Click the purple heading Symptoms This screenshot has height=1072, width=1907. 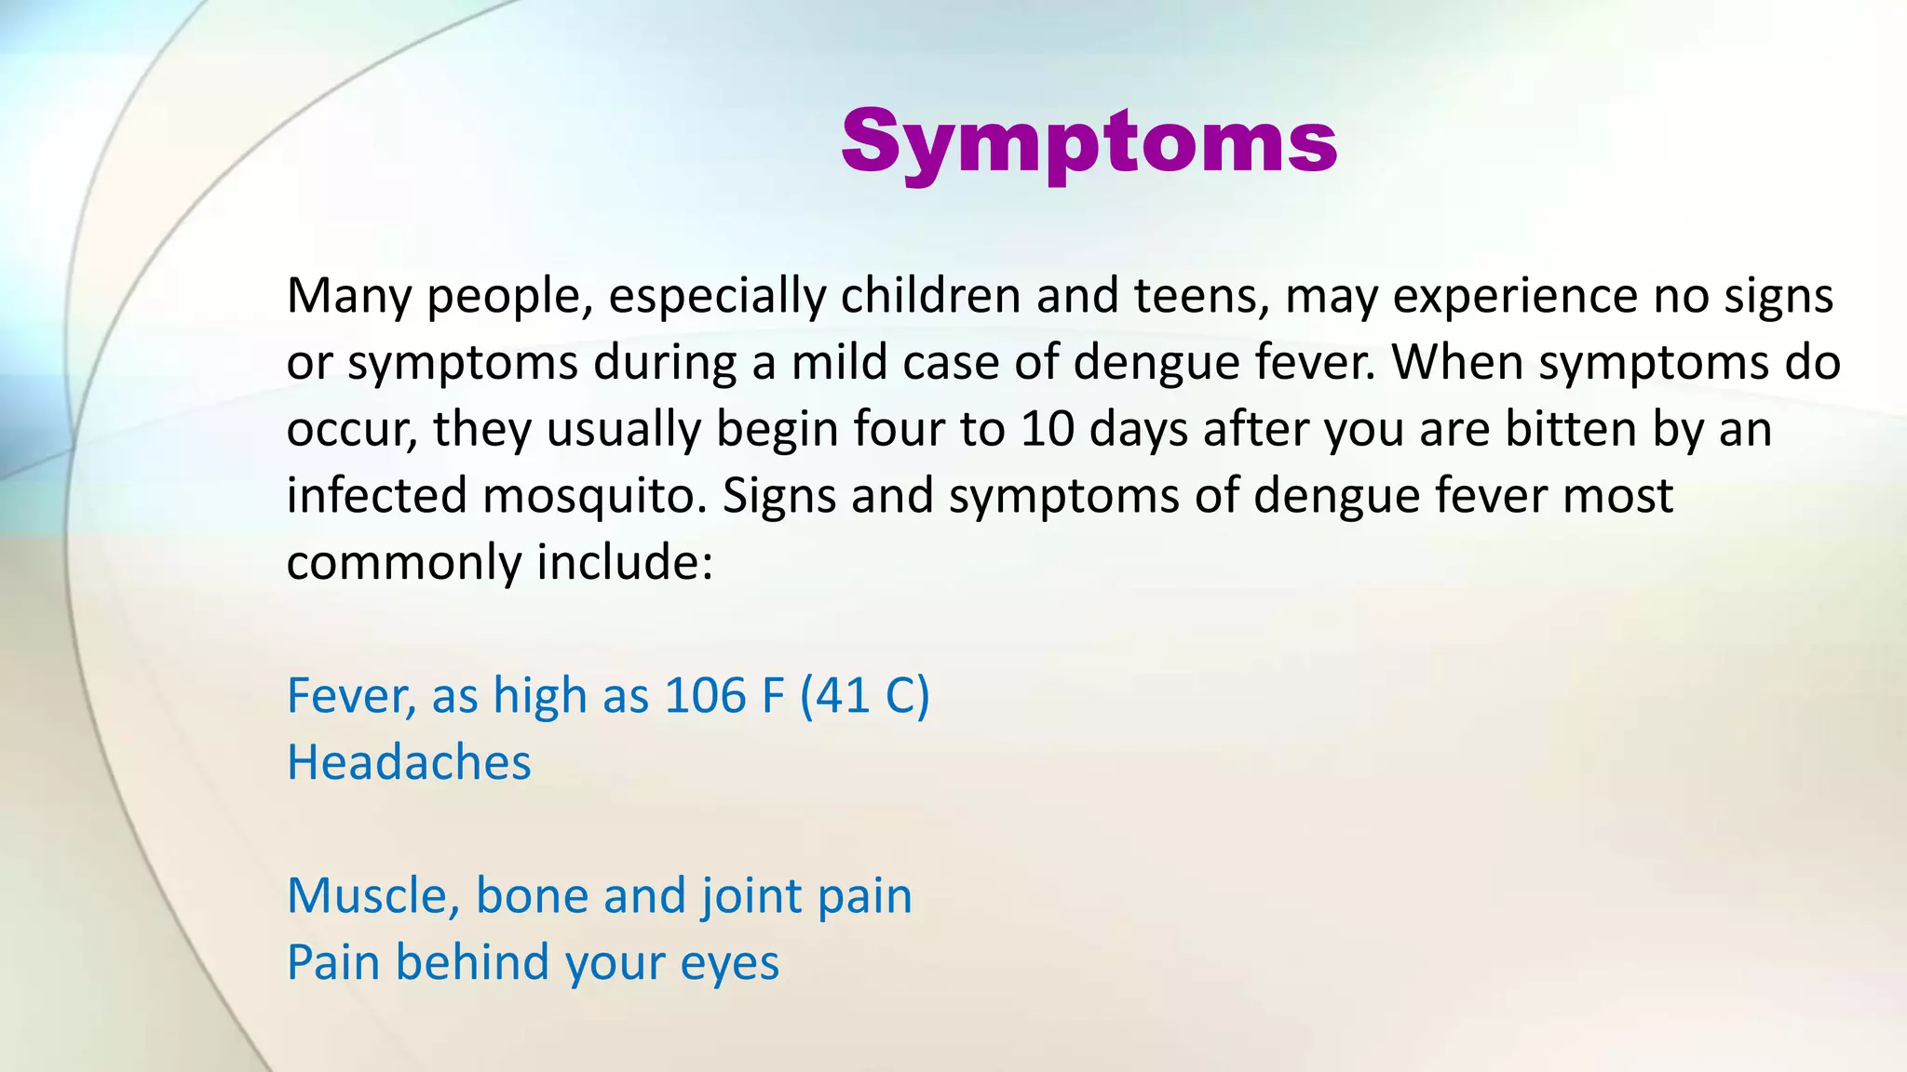[x=1089, y=141]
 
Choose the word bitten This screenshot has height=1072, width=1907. [x=1571, y=429]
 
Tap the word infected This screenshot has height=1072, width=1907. [x=376, y=495]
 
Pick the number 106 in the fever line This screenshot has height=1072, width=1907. [x=705, y=695]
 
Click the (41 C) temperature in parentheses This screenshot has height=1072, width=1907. [x=864, y=695]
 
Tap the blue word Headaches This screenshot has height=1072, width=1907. [x=409, y=762]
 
